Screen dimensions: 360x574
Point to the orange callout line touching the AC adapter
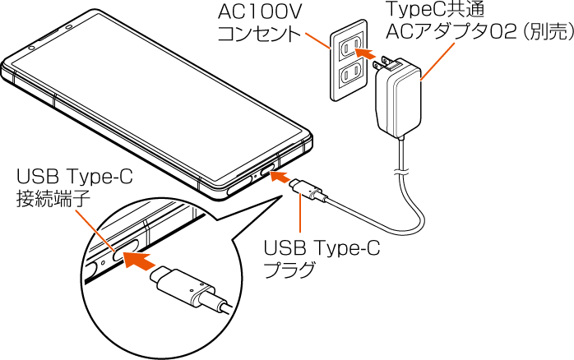tap(437, 62)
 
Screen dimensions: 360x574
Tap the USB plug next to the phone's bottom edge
tap(308, 191)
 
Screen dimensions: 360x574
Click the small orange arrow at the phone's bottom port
tap(280, 176)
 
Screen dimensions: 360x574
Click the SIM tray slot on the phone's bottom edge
tap(239, 182)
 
